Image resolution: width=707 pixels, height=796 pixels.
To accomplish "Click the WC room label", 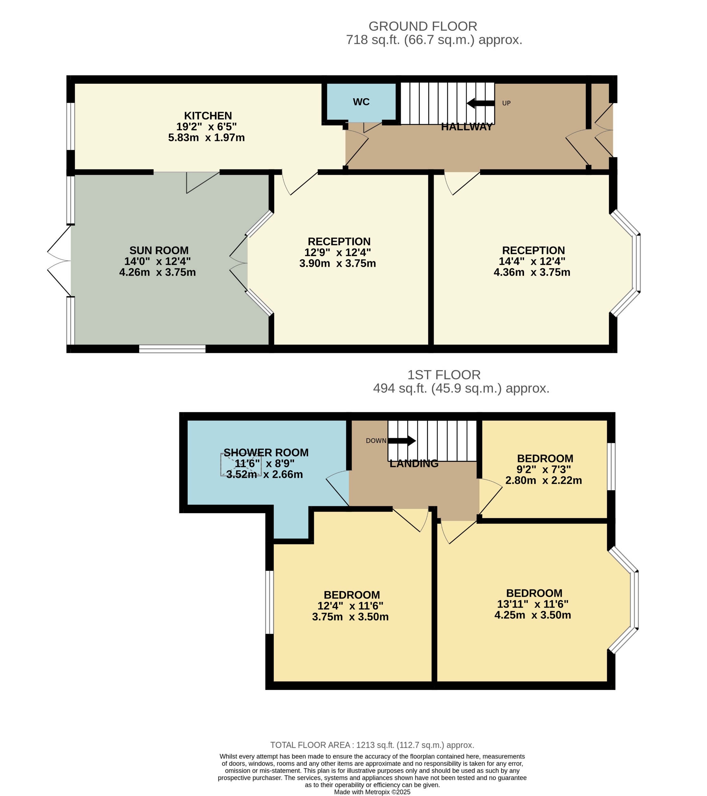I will coord(361,102).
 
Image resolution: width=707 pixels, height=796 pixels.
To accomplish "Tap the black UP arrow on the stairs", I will coord(481,103).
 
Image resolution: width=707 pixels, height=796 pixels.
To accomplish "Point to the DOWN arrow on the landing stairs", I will coord(402,440).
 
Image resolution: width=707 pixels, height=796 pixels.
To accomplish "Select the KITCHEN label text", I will coord(208,116).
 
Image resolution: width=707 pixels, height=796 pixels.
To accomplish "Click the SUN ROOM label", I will coord(159,250).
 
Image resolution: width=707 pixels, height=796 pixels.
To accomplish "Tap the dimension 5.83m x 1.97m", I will coord(206,137).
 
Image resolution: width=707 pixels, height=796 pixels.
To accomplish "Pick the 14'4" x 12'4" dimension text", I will coord(532,261).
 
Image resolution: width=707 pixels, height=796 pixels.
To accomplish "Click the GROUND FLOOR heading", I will coord(423,26).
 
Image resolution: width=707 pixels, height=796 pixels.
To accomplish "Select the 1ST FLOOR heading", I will coord(443,375).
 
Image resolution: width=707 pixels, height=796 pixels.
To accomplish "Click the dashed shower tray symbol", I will coord(241,465).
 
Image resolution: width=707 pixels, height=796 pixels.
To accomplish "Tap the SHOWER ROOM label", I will coord(266,453).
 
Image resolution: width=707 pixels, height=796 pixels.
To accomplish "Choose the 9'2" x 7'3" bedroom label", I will coord(543,469).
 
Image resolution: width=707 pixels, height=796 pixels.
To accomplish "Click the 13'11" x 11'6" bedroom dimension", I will coord(533,604).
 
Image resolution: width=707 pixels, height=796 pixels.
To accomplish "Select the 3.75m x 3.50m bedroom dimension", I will coord(350,617).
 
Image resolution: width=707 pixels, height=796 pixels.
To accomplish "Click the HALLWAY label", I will coord(466,127).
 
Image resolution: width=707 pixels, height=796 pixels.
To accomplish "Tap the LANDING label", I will coord(414,463).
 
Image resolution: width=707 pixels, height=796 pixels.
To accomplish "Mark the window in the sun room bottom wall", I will coord(172,348).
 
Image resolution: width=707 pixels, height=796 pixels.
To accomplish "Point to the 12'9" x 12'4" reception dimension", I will coord(338,252).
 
